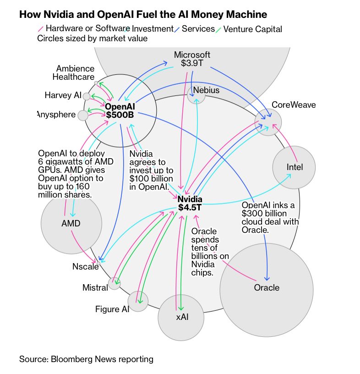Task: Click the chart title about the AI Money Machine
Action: (x=143, y=15)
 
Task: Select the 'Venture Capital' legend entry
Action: (x=252, y=29)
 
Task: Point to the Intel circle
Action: (x=295, y=167)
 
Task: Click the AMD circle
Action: (x=71, y=223)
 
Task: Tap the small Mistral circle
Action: (x=114, y=284)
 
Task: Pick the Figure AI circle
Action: (x=138, y=301)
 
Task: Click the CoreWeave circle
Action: (x=268, y=122)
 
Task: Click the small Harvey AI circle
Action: (x=87, y=96)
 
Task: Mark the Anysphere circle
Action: (x=83, y=115)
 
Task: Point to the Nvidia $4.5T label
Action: (x=190, y=203)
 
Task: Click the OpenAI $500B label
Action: (x=120, y=110)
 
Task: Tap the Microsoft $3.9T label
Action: (x=192, y=59)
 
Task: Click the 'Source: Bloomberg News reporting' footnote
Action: (x=86, y=359)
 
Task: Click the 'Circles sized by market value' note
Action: (x=92, y=38)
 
